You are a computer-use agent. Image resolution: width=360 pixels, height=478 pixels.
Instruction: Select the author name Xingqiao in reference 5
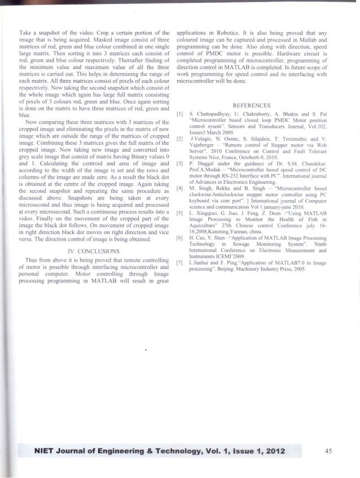click(213, 215)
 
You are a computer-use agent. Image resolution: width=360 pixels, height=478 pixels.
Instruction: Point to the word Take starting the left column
click(25, 26)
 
